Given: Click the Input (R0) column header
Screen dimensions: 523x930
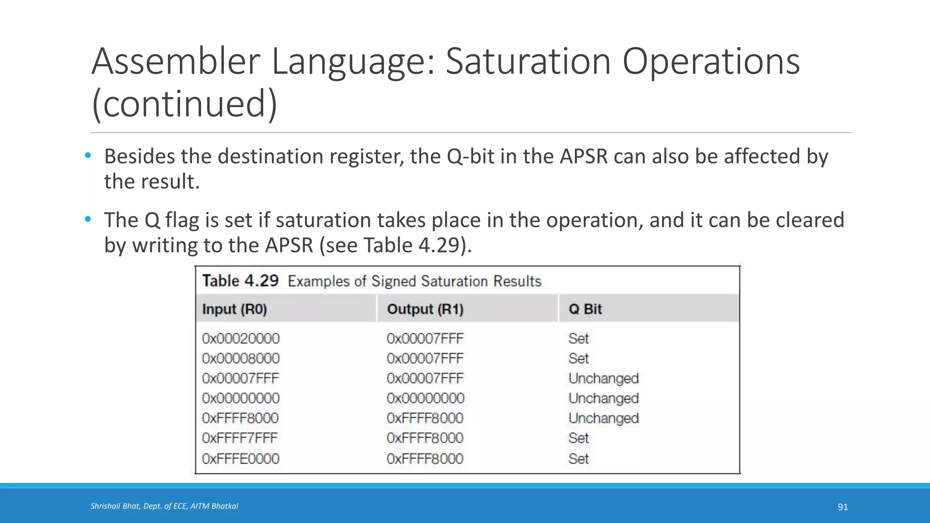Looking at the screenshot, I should point(234,309).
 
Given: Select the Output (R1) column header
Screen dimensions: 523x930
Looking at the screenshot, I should point(425,309).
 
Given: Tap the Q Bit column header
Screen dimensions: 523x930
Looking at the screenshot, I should point(585,309).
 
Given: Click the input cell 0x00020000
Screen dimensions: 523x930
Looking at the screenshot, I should point(241,339).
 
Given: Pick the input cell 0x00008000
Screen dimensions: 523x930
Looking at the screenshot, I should point(241,359).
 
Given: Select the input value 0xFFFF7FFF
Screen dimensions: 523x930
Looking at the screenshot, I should point(240,438).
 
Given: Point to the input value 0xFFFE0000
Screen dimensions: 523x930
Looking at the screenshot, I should point(241,459).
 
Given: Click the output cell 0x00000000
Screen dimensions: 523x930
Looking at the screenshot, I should point(425,398).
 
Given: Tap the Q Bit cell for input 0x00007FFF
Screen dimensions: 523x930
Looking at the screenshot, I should point(604,378).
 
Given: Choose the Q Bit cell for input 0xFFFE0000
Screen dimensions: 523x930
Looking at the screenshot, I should point(579,459).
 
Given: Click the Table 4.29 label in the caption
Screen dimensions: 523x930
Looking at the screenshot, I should point(240,281).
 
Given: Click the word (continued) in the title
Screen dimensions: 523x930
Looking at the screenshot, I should point(184,104).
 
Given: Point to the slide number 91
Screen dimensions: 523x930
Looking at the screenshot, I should point(842,507).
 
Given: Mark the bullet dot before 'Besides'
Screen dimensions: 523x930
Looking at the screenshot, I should point(88,156).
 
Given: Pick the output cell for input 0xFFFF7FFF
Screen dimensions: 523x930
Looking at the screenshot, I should point(425,438).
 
